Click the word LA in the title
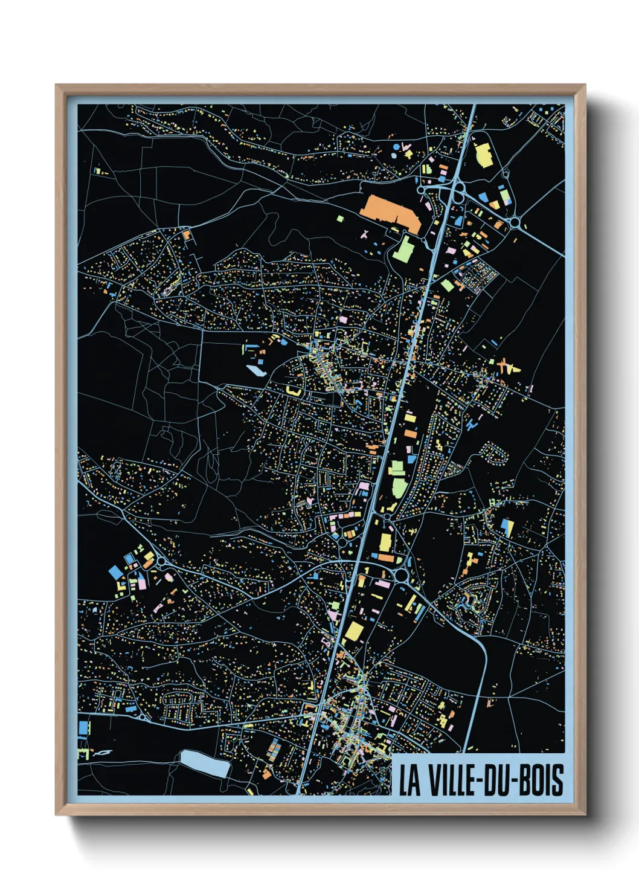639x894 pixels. coord(409,780)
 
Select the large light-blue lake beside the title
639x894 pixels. coord(205,764)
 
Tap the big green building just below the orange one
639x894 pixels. coord(403,249)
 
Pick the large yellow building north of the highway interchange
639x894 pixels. coord(483,155)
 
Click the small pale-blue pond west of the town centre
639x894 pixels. coord(256,370)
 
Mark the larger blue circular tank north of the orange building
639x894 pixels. coord(395,147)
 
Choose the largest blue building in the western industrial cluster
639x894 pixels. coord(115,571)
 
